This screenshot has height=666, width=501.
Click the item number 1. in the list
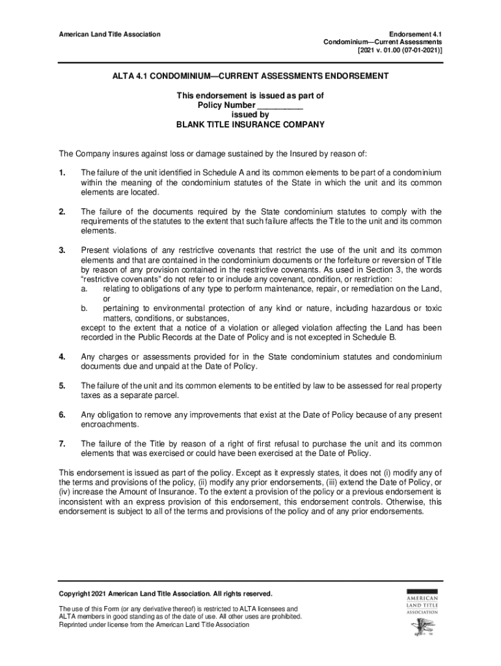(62, 173)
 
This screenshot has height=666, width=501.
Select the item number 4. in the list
(62, 357)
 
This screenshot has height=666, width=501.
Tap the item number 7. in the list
(62, 444)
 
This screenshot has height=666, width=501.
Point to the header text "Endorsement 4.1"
(415, 34)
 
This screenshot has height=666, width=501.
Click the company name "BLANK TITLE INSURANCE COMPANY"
(251, 124)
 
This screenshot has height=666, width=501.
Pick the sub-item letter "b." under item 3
(85, 309)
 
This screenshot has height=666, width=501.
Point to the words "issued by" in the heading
(251, 114)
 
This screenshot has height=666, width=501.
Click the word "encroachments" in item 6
(111, 425)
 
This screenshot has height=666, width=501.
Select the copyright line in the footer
(166, 594)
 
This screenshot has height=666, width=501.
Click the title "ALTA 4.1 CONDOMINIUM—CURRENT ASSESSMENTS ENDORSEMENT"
(251, 76)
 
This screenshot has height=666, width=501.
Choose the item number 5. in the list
(62, 386)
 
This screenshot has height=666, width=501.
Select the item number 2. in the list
(62, 212)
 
